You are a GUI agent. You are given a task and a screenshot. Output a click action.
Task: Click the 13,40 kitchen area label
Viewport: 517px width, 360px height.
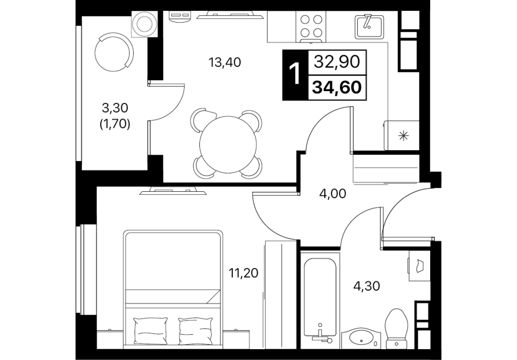point(225,62)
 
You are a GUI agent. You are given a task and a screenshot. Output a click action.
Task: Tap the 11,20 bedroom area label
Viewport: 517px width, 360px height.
point(244,273)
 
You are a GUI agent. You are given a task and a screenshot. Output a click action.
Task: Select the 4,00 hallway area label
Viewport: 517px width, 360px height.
point(333,194)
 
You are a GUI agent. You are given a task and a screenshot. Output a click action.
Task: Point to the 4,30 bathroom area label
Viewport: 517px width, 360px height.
point(366,286)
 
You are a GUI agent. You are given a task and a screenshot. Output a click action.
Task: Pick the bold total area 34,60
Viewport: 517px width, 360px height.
point(337,87)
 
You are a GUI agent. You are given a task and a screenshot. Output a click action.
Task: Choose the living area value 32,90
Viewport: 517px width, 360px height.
point(337,62)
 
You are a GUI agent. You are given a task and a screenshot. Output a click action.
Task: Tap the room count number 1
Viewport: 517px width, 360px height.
point(294,74)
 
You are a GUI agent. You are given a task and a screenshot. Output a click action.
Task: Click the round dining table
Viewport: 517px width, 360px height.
point(228,143)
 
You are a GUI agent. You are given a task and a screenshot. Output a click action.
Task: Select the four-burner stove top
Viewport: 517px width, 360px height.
point(311,27)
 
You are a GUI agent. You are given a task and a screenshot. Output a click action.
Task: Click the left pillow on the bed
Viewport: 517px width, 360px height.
point(151,331)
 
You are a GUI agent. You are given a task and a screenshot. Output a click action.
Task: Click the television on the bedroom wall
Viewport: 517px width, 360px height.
point(173,191)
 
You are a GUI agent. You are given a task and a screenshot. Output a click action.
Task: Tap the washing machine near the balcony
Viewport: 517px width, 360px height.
point(144,24)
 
